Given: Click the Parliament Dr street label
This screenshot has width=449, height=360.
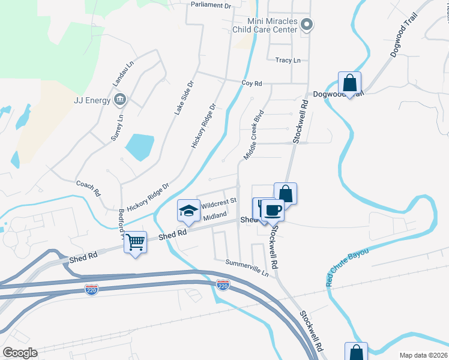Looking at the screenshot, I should tap(211, 5).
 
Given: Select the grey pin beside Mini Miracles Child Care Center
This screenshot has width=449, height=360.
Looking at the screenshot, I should tap(307, 25).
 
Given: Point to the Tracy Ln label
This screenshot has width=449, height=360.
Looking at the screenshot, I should tap(288, 61).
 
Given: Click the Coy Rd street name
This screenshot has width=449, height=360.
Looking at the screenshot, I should tap(252, 83).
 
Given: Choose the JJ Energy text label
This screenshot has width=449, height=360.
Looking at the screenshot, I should tap(92, 100).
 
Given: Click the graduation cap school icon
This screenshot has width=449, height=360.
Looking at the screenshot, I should tap(188, 210).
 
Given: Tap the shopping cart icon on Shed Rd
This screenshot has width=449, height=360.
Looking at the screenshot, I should tap(136, 242).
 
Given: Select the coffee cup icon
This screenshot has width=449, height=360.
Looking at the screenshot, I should tap(273, 210).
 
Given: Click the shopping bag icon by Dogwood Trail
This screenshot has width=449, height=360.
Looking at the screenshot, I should tap(349, 82).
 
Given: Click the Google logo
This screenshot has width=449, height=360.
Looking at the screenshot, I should tap(20, 353).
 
